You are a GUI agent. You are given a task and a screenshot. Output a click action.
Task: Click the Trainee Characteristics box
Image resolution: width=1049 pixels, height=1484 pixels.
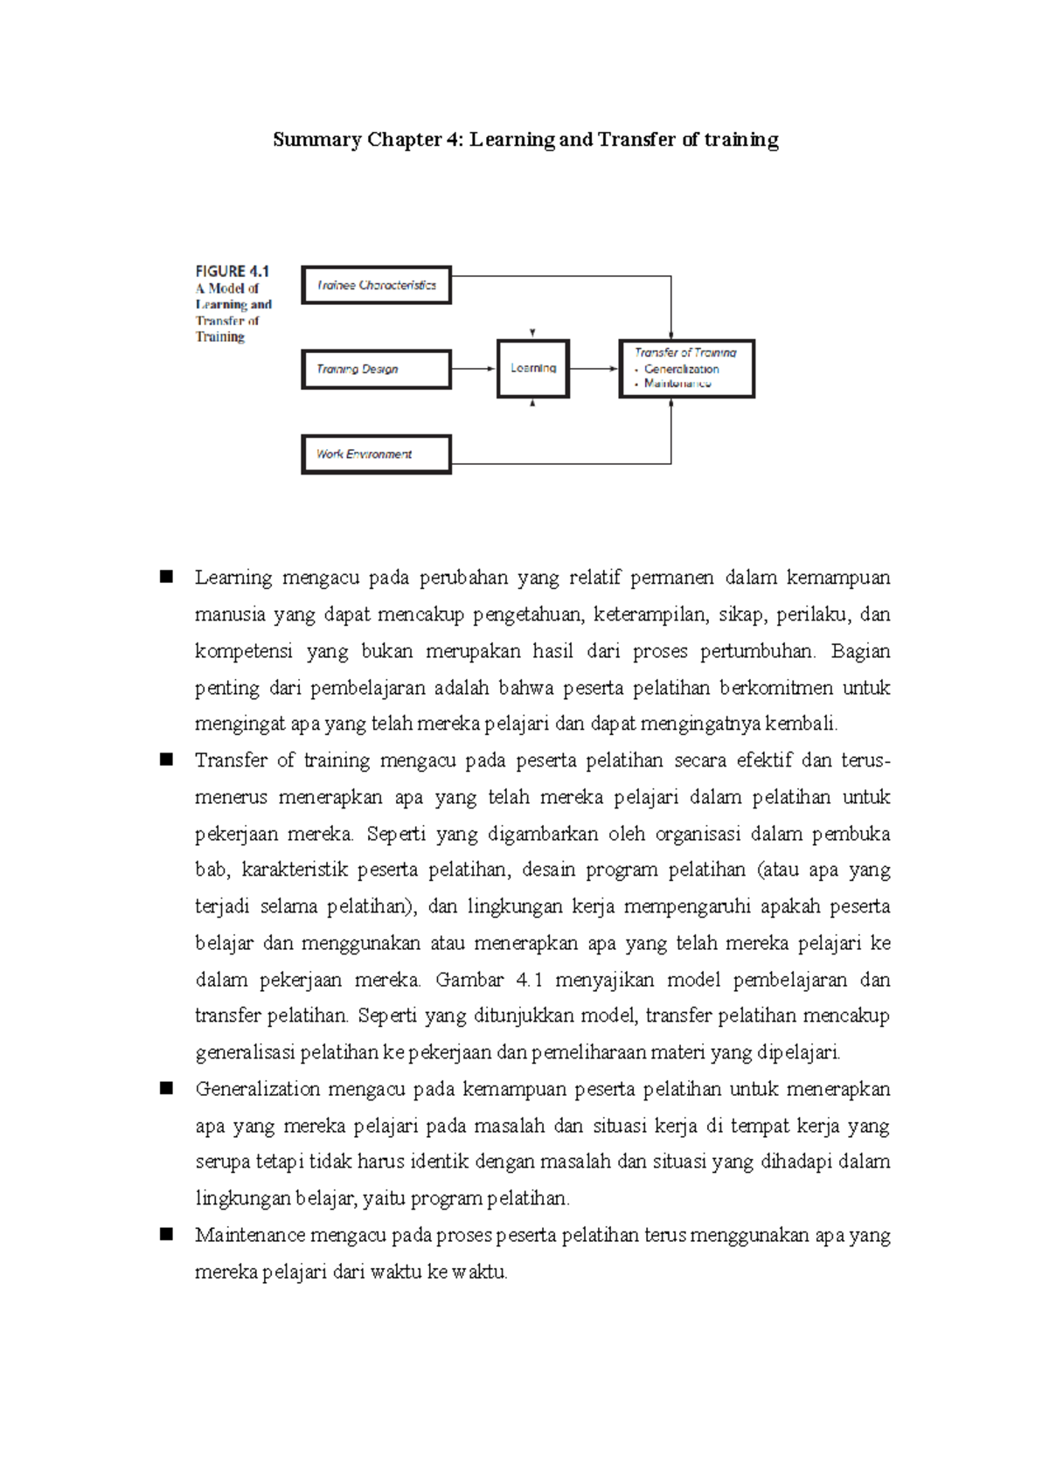point(376,285)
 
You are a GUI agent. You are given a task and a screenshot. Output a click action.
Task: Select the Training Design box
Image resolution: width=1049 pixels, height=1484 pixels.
point(376,369)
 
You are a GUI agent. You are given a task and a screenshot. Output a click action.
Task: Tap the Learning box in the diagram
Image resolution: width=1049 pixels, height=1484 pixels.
point(533,369)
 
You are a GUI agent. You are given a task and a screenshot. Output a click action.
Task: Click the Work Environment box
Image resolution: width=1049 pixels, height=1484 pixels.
point(376,454)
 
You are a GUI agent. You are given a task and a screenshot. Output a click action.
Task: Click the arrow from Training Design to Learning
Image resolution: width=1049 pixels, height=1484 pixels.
point(474,369)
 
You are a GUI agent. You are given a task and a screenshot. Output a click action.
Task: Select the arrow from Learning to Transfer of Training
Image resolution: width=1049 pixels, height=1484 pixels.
point(594,369)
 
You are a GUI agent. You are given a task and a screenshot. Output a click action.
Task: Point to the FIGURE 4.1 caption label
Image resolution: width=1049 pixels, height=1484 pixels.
point(232,271)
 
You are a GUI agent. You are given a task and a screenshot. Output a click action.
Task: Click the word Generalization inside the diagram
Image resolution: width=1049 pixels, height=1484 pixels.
point(682,369)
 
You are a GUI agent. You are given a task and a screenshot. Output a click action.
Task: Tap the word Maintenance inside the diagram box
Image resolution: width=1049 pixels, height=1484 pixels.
point(677,384)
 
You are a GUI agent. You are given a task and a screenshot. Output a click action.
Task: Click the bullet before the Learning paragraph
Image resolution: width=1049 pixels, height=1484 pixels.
point(166,577)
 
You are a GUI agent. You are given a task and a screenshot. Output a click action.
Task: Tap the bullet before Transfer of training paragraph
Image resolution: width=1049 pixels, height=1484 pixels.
point(166,759)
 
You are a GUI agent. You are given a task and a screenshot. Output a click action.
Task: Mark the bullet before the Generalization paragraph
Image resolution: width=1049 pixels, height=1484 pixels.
point(166,1088)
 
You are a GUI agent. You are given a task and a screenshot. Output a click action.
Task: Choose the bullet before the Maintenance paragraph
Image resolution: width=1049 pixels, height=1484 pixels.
point(166,1234)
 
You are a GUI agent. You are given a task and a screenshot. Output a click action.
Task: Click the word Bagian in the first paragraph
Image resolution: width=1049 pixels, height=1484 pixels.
point(860,651)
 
